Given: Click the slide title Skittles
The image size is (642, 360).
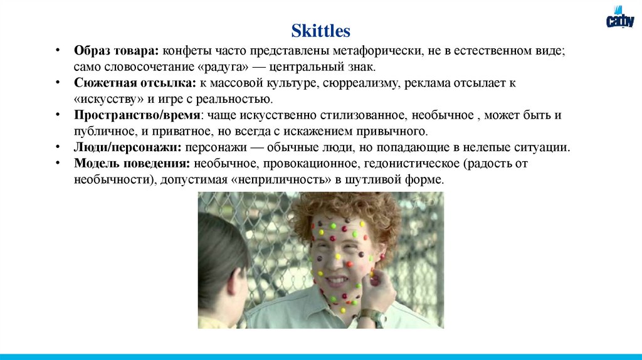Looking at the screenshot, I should click(320, 31).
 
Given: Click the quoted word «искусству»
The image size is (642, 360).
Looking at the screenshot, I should click(108, 99).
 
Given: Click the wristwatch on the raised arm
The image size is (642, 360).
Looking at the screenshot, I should click(371, 315).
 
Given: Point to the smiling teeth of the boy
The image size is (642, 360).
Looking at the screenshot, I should click(338, 280).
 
